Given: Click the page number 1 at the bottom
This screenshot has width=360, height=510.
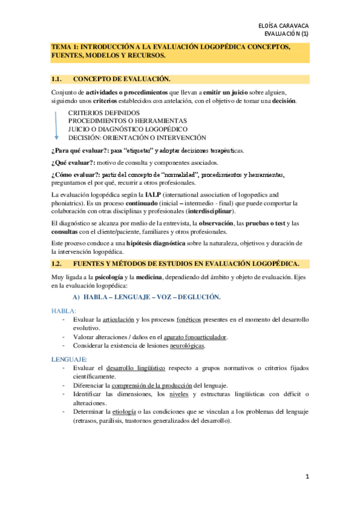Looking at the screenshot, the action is [307, 477].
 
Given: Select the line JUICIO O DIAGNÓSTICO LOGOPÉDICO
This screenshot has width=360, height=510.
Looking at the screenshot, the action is [128, 129].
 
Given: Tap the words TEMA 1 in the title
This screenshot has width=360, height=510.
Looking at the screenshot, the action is [64, 46].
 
